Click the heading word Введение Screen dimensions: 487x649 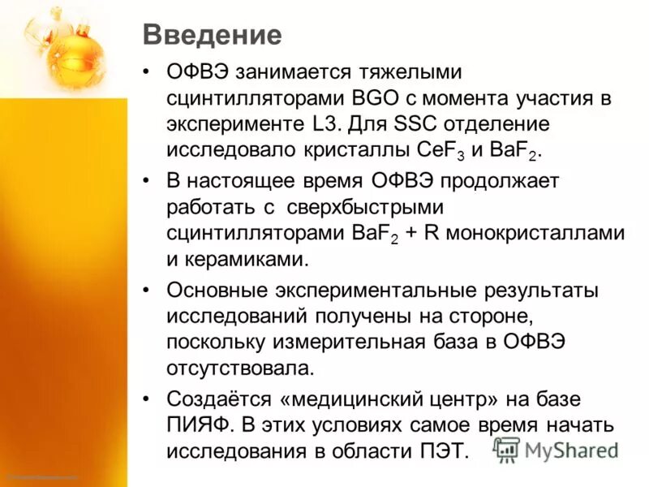213,35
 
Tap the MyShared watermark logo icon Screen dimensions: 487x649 507,449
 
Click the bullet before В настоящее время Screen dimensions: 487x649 146,179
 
